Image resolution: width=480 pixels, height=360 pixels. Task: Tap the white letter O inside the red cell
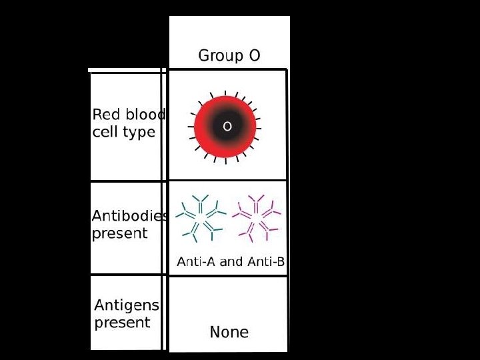227,126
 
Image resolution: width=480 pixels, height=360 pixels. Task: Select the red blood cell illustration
226,126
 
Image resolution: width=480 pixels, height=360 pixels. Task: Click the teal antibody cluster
200,217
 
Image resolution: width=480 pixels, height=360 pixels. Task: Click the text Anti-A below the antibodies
194,262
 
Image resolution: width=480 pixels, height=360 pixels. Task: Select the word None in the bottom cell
229,332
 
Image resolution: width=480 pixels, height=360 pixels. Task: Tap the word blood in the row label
144,115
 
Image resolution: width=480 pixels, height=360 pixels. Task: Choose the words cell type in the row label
123,132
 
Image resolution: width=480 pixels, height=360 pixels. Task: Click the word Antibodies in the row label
130,217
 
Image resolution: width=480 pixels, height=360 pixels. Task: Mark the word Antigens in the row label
127,306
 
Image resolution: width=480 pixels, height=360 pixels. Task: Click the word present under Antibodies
119,234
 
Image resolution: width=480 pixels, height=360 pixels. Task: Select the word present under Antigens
122,323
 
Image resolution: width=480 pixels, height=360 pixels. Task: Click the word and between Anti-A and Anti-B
231,262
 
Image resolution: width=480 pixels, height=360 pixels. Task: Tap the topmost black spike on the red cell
225,93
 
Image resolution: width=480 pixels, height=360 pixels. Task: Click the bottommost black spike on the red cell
225,159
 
